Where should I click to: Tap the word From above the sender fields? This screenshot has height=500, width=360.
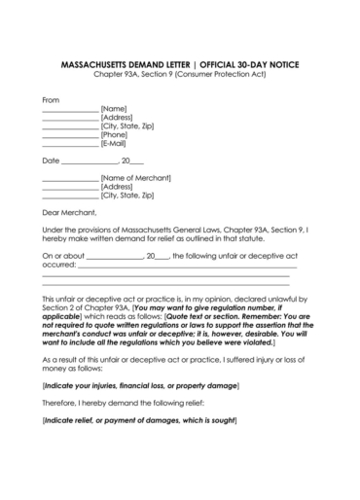point(51,99)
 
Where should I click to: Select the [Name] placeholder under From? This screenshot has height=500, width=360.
point(114,108)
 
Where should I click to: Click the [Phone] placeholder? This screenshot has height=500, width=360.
point(116,134)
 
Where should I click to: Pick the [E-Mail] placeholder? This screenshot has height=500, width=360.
point(117,143)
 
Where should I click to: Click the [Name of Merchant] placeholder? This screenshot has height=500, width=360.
point(135,178)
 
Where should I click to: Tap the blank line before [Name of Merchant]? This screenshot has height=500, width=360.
point(70,179)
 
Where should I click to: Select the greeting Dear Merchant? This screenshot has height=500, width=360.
point(70,211)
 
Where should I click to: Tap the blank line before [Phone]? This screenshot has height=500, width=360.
point(70,135)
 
